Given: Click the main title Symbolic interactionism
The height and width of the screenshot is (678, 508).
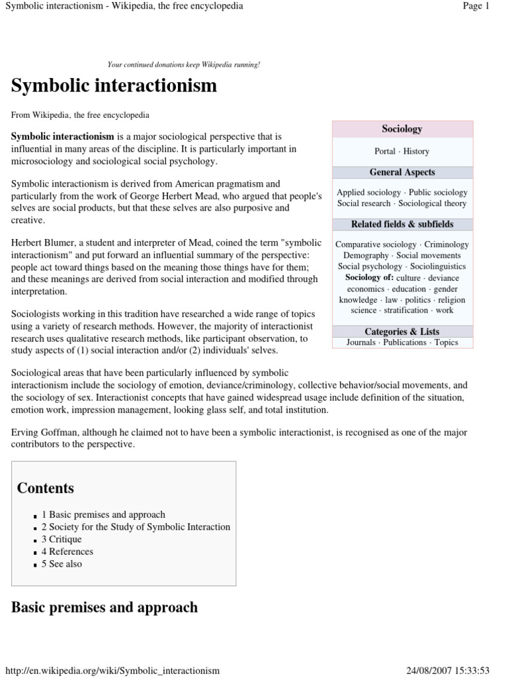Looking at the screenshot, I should [114, 86].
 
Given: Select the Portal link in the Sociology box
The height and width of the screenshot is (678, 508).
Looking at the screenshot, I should [385, 152].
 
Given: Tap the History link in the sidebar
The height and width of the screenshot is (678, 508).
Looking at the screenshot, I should [416, 152].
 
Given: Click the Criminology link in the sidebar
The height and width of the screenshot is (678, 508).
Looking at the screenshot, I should [446, 244].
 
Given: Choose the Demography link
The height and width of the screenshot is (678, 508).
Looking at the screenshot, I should [366, 255].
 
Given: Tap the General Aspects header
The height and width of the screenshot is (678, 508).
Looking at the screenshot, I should [402, 172].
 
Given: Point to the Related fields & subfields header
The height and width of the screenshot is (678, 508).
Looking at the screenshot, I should [402, 224].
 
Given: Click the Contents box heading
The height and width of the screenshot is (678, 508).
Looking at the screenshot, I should [46, 489].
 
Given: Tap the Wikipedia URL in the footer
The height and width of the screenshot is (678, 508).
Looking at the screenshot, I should [112, 671].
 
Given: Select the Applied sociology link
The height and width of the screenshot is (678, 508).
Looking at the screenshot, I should [368, 193].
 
